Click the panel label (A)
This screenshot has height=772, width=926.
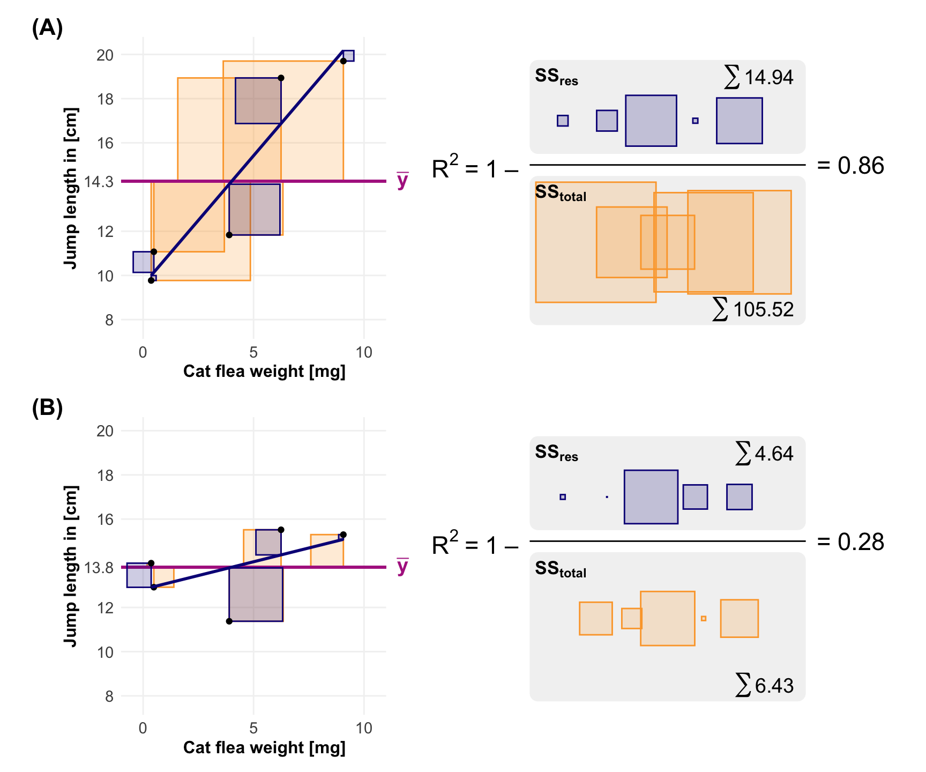[47, 28]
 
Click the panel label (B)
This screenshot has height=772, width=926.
[47, 408]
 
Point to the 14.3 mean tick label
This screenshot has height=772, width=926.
[99, 182]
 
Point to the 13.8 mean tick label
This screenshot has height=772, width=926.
[99, 567]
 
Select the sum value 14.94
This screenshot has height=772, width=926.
[768, 78]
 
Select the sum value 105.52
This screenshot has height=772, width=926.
[763, 310]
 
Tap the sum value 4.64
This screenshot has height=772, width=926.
[773, 454]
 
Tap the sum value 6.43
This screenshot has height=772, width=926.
[774, 686]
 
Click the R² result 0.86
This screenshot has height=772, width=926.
[861, 166]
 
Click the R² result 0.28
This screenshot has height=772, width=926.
[861, 542]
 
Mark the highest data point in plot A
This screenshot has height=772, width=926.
[343, 61]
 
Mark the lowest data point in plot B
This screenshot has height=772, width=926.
[229, 621]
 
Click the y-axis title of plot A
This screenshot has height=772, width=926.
[71, 188]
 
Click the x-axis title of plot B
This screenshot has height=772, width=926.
[264, 747]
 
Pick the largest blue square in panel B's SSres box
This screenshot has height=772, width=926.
[651, 497]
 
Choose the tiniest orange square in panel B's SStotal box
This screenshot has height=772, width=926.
[704, 619]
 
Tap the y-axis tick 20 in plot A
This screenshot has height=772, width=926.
[105, 55]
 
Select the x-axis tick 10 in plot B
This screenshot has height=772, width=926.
[364, 728]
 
